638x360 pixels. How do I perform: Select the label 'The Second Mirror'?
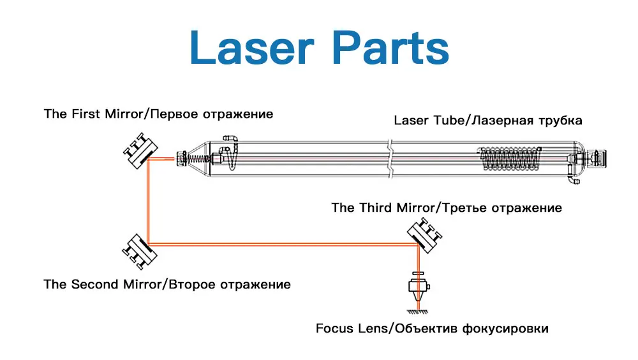pyautogui.click(x=103, y=285)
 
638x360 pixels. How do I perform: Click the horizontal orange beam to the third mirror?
pyautogui.click(x=281, y=243)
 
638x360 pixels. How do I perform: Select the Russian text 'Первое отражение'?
pyautogui.click(x=213, y=115)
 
